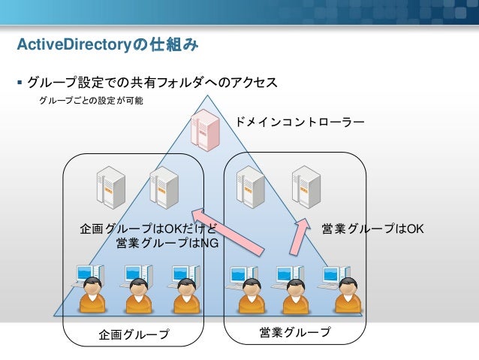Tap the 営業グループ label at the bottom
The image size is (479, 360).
point(295,332)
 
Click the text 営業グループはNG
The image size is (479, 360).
point(167,243)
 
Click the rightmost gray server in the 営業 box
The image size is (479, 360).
point(306,187)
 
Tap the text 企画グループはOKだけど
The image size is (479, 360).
point(149,228)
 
